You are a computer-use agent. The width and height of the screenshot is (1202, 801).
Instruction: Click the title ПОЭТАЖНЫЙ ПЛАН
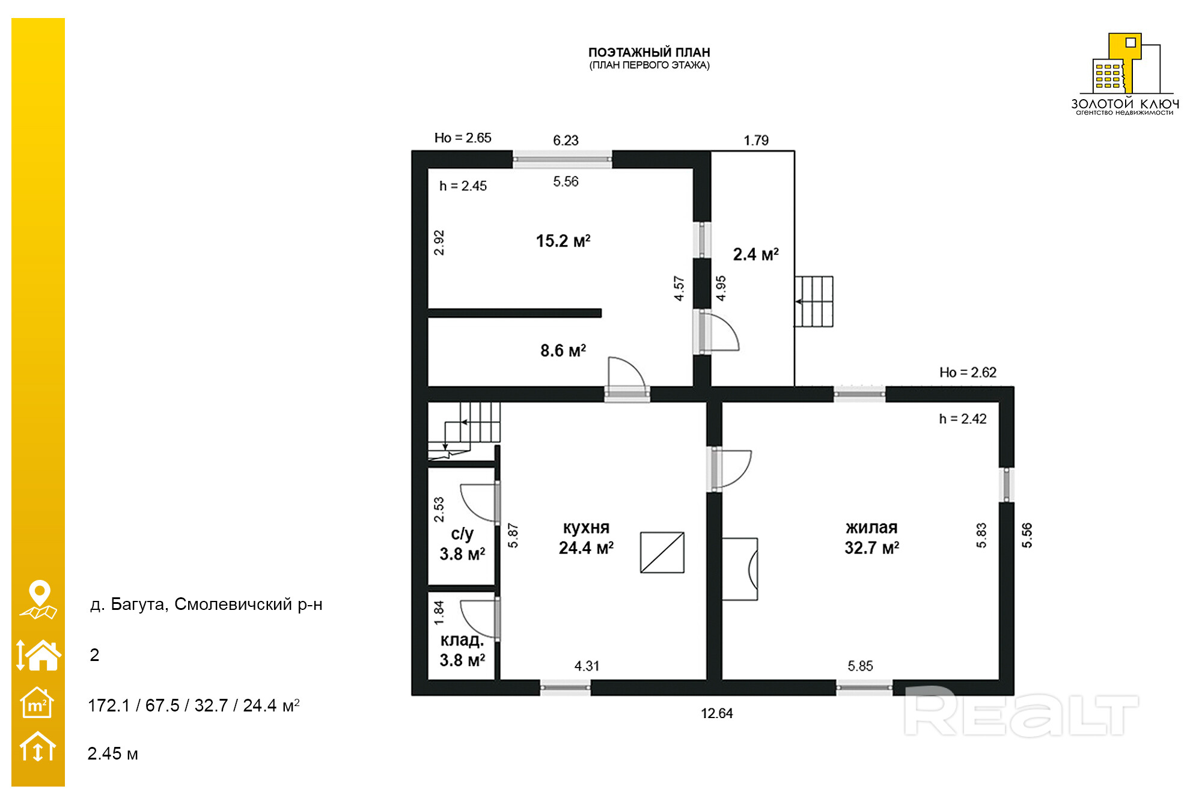tap(649, 52)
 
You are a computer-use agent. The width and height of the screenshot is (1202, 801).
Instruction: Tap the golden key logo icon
tap(1126, 64)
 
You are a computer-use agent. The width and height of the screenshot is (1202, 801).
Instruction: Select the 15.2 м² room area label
tap(563, 241)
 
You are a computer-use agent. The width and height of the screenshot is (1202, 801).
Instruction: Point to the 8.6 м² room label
tap(563, 350)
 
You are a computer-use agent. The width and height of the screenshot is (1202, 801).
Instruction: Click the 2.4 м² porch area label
tap(756, 254)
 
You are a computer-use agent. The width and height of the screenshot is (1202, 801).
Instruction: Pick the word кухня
tap(586, 528)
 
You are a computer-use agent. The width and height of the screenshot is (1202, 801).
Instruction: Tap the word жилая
tap(871, 528)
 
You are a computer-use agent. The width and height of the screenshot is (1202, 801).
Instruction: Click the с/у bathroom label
tap(462, 534)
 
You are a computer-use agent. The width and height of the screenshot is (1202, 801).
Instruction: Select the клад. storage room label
tap(462, 640)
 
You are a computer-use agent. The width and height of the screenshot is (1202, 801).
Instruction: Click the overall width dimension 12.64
tap(717, 713)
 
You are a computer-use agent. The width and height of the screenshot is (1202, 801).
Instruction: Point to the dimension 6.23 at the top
tap(566, 141)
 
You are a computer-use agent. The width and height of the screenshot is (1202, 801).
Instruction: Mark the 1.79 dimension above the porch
tap(756, 141)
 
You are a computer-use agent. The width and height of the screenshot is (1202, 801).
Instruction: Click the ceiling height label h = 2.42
tap(963, 419)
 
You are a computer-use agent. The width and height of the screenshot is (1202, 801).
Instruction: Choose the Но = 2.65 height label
tap(463, 138)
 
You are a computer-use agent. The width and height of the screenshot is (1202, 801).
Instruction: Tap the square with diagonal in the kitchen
tap(662, 552)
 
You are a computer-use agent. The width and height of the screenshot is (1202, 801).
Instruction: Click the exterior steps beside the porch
tap(814, 302)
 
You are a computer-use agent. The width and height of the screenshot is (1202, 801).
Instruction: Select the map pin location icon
tap(38, 599)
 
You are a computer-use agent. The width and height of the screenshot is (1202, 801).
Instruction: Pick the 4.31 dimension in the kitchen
tap(587, 666)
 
